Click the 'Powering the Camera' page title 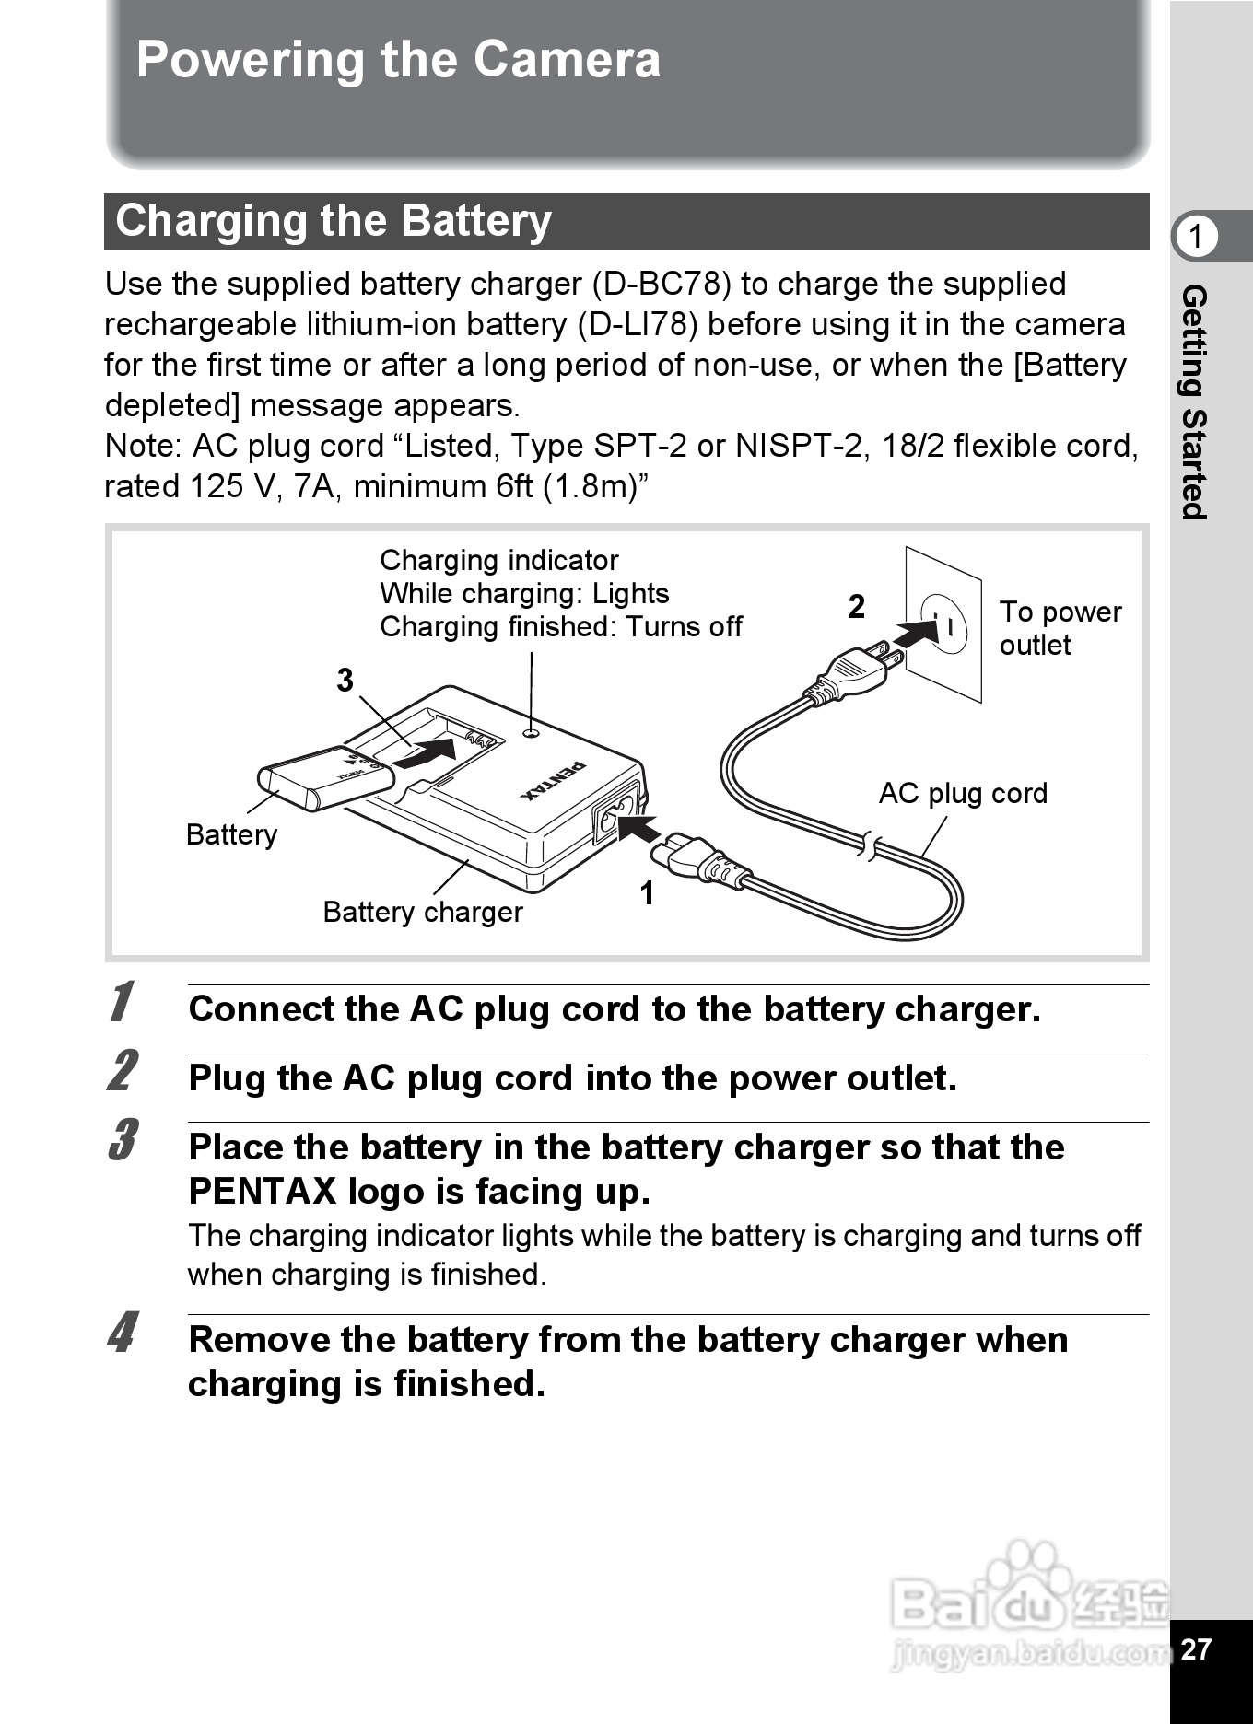tap(398, 61)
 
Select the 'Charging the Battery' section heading tap(334, 222)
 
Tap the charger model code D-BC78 tap(661, 285)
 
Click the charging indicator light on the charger tap(530, 733)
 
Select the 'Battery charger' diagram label tap(423, 913)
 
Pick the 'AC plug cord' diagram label tap(963, 794)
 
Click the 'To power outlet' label tap(1060, 628)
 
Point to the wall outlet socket tap(944, 625)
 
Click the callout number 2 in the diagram tap(857, 607)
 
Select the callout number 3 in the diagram tap(345, 681)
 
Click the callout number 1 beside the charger tap(648, 893)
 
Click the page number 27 tap(1196, 1648)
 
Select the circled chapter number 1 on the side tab tap(1196, 237)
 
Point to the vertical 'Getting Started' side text tap(1194, 402)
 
